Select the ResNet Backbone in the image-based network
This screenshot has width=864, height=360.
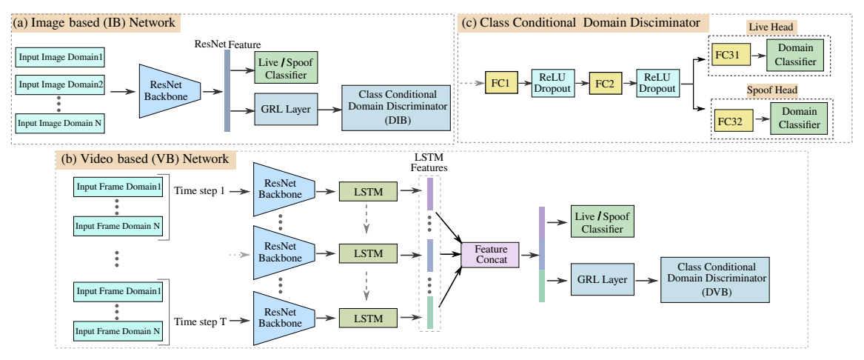(x=170, y=92)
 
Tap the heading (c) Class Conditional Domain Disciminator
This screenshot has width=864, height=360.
(x=580, y=24)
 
